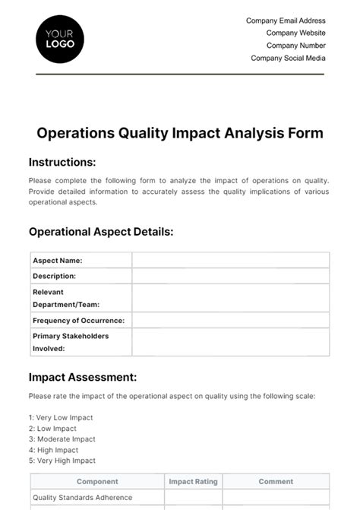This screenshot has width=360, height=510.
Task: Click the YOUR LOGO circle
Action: coord(60,38)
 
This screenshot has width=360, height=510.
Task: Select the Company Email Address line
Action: coord(286,21)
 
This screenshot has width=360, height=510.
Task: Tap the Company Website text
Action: coord(295,33)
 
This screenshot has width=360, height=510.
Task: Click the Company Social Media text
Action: coord(288,58)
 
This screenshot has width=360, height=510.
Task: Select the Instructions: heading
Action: coord(62,162)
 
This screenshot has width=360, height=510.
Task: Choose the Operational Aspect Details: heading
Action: coord(101,232)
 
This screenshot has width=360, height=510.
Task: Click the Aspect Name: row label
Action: coord(58,260)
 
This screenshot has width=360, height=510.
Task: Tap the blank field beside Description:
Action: coord(230,276)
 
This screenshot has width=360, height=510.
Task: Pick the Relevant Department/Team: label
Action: coord(62,298)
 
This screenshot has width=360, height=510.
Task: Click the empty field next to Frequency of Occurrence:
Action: coord(230,320)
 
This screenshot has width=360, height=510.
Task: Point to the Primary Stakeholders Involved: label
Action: coord(71,342)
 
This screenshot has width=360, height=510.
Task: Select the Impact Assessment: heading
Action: coord(83,377)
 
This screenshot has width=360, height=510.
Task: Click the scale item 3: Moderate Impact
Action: coord(62,439)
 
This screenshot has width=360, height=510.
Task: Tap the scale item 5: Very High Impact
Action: coord(62,461)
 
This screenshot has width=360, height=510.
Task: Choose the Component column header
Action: coord(97,481)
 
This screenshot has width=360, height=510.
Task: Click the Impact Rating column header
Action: coord(193,481)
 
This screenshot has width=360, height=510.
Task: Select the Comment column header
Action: coord(276,481)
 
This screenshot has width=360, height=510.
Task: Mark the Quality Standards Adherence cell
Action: coord(83,498)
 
